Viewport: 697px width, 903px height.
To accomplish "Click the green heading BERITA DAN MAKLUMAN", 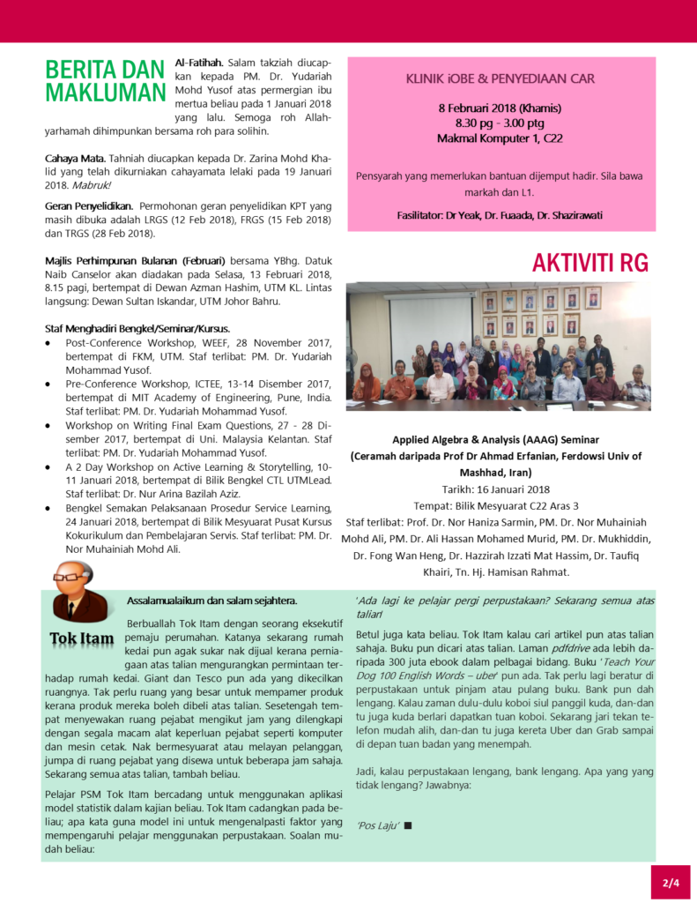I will [x=105, y=81].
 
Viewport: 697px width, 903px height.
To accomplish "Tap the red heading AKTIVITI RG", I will [x=589, y=262].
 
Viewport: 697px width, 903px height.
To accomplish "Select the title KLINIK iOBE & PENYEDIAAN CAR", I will [x=500, y=78].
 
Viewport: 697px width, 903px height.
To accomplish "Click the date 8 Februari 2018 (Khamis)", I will [x=500, y=108].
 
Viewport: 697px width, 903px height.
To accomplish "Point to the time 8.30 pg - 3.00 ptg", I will [x=500, y=123].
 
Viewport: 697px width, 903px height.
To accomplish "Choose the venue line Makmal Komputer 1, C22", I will [x=500, y=138].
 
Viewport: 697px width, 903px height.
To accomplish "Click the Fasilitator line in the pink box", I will [x=500, y=214].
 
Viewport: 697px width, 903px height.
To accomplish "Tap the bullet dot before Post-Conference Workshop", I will [x=48, y=343].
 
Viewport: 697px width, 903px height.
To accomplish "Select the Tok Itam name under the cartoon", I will [x=81, y=638].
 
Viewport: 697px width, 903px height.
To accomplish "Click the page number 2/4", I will [x=671, y=882].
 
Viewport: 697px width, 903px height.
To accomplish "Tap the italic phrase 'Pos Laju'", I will [x=379, y=825].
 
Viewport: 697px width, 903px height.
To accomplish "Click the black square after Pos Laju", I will [x=409, y=825].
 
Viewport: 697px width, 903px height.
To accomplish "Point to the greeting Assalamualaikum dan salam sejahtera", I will [x=211, y=601].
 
